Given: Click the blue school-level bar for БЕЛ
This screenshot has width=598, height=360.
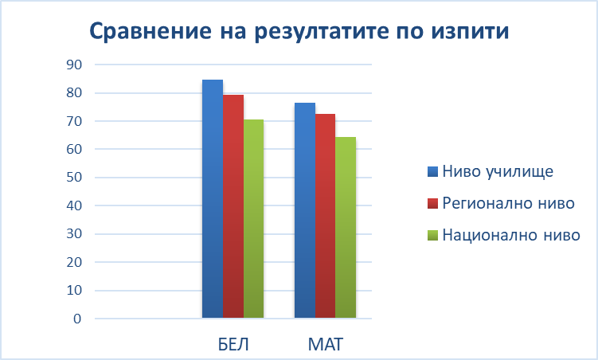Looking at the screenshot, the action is click(x=213, y=198).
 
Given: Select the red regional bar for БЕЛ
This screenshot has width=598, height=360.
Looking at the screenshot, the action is click(x=233, y=206).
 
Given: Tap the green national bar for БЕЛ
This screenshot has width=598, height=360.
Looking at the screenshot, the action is click(x=254, y=219).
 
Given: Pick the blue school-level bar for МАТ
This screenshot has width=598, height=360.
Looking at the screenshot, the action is click(x=305, y=210).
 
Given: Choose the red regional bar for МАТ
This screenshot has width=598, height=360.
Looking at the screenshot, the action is click(x=326, y=216).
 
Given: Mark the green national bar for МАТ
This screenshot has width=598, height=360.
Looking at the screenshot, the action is click(x=346, y=228).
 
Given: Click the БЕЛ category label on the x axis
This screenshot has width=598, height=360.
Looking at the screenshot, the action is click(x=233, y=344).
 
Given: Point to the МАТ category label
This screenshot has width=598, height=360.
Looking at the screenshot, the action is click(x=326, y=344).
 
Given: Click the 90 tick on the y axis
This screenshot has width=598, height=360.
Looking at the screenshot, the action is click(x=74, y=65).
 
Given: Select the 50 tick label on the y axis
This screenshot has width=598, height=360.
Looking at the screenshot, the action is click(x=74, y=178).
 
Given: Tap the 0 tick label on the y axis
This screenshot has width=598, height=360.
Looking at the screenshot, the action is click(x=77, y=319).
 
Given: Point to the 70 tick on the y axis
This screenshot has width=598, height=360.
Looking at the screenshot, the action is click(x=74, y=121).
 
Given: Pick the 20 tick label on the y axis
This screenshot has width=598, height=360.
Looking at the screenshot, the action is click(x=74, y=262).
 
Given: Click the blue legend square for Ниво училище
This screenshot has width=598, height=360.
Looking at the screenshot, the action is click(x=433, y=171).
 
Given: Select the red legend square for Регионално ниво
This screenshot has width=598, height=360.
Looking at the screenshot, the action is click(x=433, y=203).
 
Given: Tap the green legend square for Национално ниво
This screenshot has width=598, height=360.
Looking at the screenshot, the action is click(x=433, y=235).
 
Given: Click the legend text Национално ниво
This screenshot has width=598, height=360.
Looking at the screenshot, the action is click(x=511, y=235).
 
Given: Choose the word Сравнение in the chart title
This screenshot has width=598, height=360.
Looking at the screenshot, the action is click(x=150, y=31).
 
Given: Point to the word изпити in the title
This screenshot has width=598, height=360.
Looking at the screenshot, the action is click(x=471, y=31).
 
